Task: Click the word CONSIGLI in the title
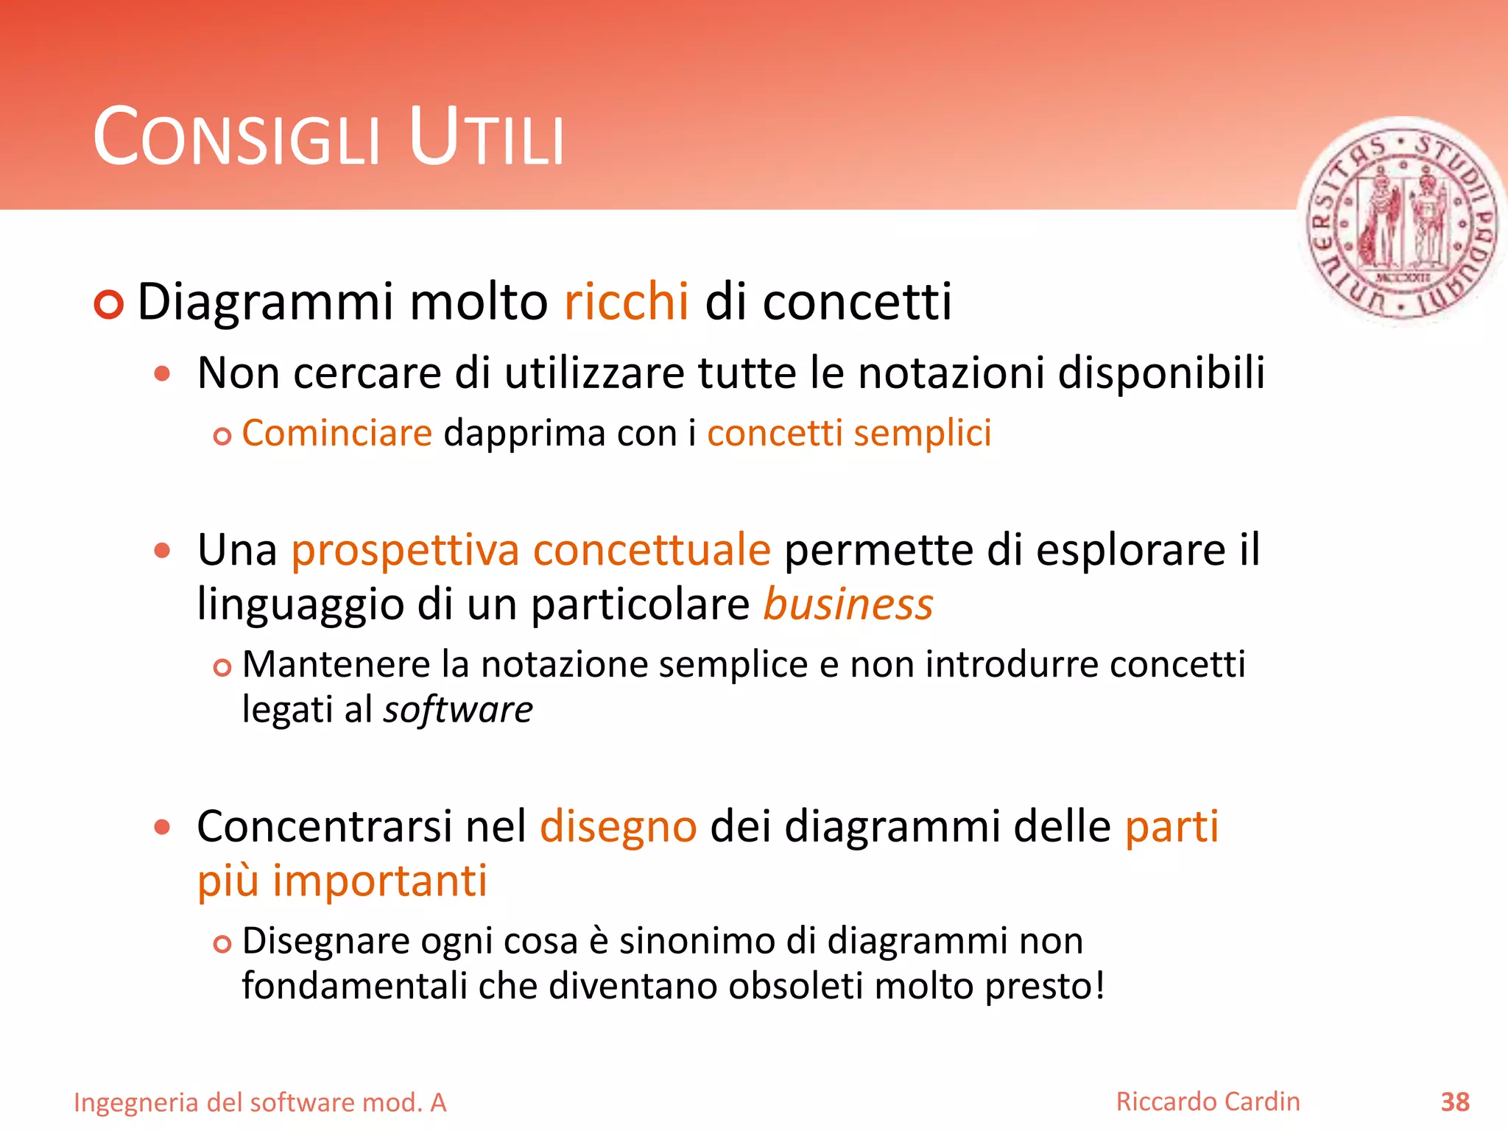click(236, 138)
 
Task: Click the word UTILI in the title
click(486, 138)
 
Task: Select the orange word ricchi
click(627, 302)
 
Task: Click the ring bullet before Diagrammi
click(109, 304)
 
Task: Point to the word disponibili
click(1161, 373)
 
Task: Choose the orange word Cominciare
click(337, 433)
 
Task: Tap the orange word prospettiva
click(406, 551)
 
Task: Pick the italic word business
click(848, 605)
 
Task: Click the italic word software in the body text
click(458, 710)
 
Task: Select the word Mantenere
click(336, 664)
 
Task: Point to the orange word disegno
click(619, 827)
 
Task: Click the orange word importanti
click(380, 881)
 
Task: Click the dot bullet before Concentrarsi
click(163, 827)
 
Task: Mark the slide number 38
click(1455, 1102)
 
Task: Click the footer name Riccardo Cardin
click(1208, 1102)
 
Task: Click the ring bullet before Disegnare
click(222, 943)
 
